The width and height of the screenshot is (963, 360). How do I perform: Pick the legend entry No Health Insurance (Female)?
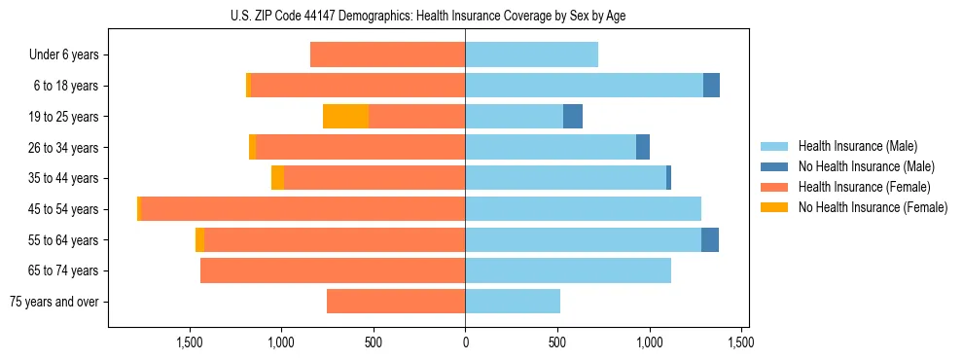tap(873, 207)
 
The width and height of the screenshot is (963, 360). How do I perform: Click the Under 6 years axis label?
tap(63, 55)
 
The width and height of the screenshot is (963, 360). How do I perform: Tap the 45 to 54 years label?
tap(63, 209)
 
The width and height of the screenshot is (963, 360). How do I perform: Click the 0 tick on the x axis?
tap(465, 342)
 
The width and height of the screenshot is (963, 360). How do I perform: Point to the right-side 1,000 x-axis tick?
tap(650, 342)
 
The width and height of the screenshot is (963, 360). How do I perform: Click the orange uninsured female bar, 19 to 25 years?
tap(345, 117)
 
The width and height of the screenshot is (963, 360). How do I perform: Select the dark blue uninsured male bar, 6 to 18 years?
tap(711, 86)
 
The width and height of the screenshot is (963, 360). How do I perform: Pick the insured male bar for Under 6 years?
tap(531, 55)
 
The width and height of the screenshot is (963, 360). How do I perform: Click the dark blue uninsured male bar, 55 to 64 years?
tap(710, 239)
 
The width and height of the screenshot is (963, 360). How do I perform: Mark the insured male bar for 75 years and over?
tap(513, 302)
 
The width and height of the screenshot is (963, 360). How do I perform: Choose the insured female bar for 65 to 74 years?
tap(333, 270)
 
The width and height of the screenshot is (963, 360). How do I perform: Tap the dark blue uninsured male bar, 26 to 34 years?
tap(643, 147)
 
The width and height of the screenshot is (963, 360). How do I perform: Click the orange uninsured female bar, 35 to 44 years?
tap(277, 178)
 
